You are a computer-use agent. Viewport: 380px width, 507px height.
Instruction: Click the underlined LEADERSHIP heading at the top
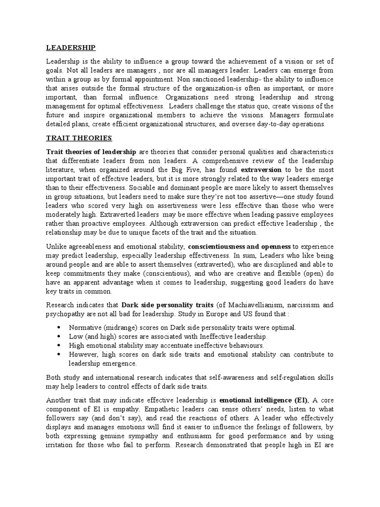coord(70,48)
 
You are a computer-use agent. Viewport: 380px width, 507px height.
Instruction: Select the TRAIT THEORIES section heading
coord(79,138)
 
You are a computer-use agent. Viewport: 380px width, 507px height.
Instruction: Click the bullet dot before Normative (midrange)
coord(59,328)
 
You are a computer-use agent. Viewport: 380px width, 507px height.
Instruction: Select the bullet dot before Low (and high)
coord(59,337)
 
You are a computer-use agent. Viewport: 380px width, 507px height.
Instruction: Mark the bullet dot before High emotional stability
coord(59,346)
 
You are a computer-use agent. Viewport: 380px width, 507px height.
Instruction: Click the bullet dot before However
coord(59,355)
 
